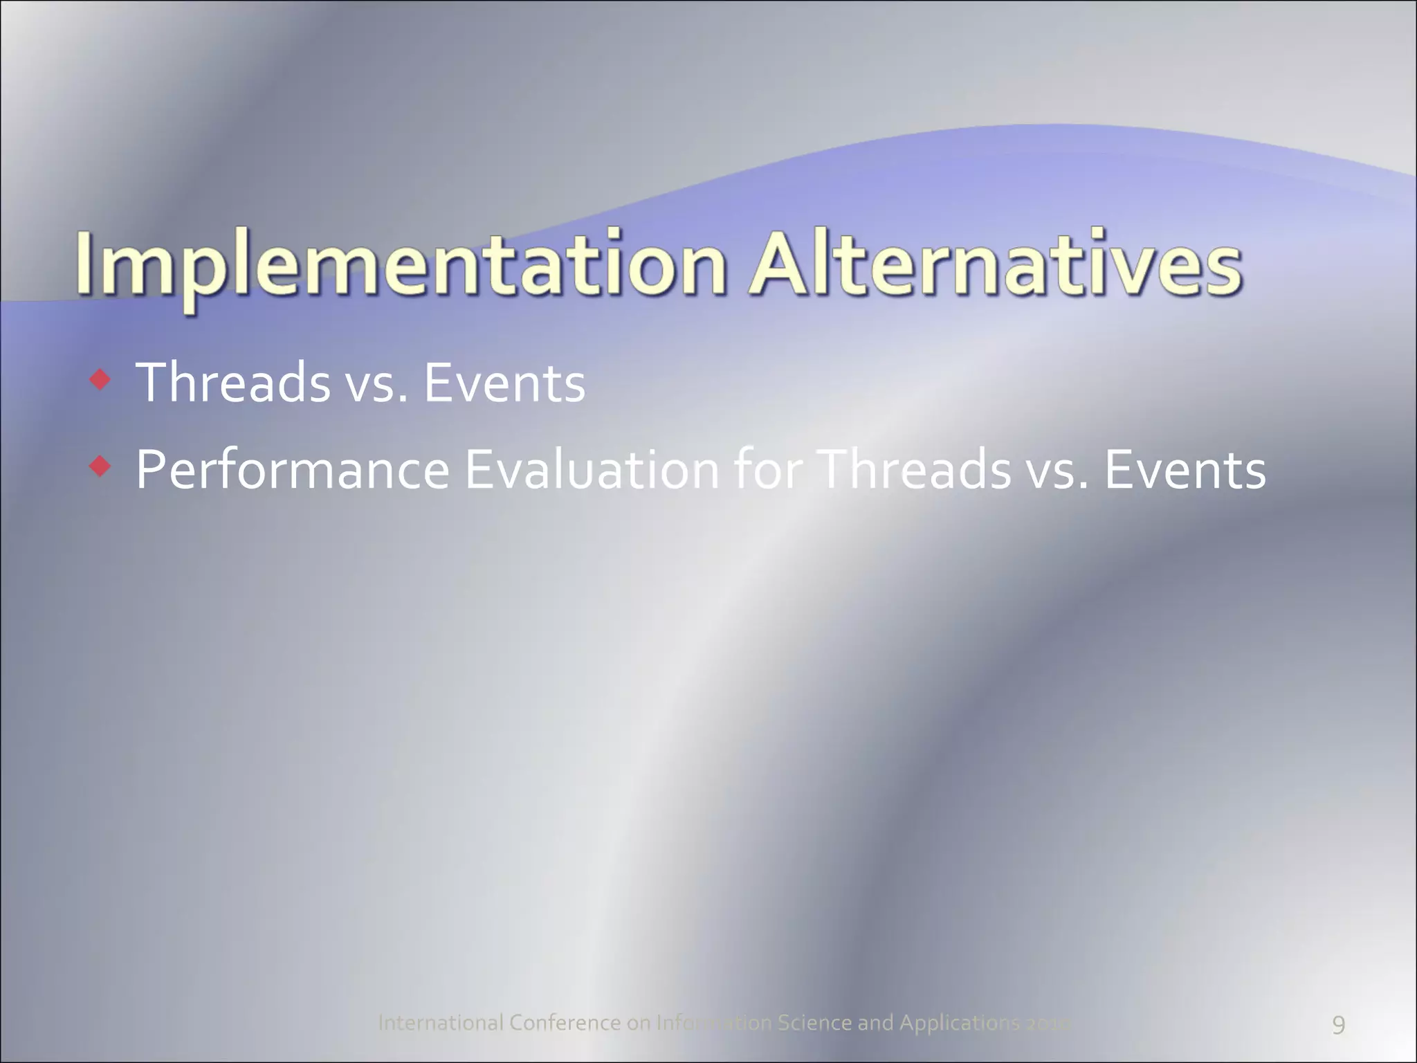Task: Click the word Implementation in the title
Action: tap(401, 266)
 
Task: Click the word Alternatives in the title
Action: tap(996, 266)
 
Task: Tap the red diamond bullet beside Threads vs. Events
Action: tap(100, 379)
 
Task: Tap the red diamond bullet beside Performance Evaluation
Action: tap(100, 467)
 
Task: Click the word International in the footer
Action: tap(441, 1022)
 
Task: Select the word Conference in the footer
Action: tap(565, 1022)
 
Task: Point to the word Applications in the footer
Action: tap(959, 1022)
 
